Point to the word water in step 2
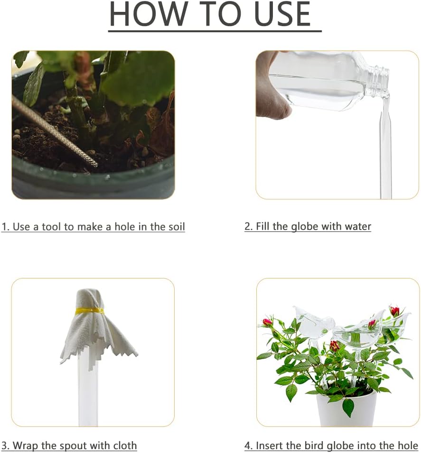[357, 227]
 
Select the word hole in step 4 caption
[407, 446]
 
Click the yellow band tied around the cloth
[90, 311]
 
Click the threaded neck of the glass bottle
[379, 74]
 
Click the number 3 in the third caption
[4, 446]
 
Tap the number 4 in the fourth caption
[247, 446]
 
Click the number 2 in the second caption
[247, 227]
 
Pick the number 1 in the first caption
[4, 227]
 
